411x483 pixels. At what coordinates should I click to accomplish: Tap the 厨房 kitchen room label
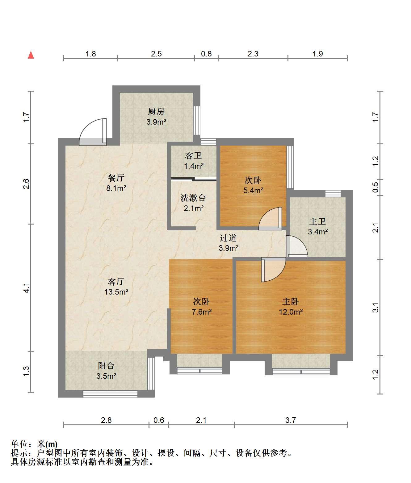[156, 111]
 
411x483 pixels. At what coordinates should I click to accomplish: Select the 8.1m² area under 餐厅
[116, 188]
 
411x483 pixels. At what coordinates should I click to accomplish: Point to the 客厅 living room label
[116, 282]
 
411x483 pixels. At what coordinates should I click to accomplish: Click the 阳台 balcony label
[106, 366]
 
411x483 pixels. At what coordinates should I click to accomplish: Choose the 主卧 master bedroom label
[291, 301]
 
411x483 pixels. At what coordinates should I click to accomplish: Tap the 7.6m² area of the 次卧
[202, 312]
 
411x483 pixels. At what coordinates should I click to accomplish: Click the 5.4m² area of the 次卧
[253, 190]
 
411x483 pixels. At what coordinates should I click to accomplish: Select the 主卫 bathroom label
[317, 221]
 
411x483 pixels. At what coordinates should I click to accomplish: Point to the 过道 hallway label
[228, 238]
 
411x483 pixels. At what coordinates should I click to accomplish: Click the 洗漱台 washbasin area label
[193, 198]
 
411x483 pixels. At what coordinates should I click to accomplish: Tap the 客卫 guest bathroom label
[193, 156]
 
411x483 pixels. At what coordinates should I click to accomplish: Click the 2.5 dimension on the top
[156, 54]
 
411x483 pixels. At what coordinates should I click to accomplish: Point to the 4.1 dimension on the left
[26, 288]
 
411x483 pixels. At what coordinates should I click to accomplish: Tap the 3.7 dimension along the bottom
[291, 420]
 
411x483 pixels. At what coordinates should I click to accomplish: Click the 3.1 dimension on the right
[375, 307]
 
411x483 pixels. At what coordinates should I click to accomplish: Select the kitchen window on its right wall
[197, 120]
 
